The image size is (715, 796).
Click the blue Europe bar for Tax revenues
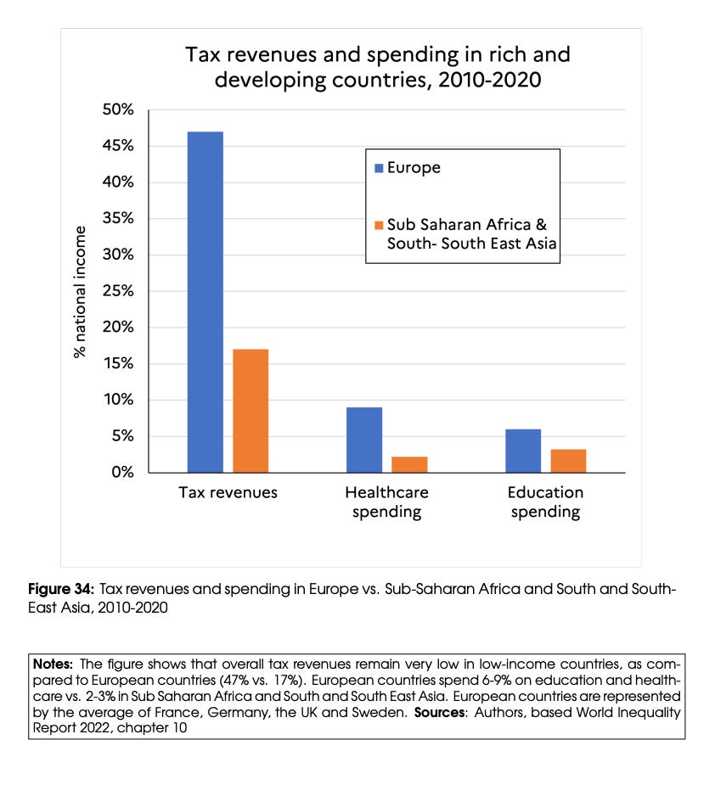click(205, 302)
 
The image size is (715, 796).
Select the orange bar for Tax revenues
click(251, 411)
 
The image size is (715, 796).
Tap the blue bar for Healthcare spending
click(364, 440)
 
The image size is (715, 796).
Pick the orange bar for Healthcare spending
click(409, 464)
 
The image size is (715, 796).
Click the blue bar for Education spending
click(523, 451)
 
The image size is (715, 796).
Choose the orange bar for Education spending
click(568, 461)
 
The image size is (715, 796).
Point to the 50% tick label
click(118, 110)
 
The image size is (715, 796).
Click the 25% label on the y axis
click(118, 291)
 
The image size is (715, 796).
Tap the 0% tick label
click(122, 473)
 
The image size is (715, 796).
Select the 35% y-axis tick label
click(118, 219)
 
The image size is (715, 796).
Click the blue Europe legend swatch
click(379, 168)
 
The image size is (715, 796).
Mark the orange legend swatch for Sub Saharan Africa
click(379, 226)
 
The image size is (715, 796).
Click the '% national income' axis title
click(81, 292)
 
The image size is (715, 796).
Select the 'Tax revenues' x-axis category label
click(228, 493)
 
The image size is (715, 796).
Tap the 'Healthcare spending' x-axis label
click(386, 502)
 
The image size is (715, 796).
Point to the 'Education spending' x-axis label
click(545, 502)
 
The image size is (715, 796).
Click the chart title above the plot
click(378, 68)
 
